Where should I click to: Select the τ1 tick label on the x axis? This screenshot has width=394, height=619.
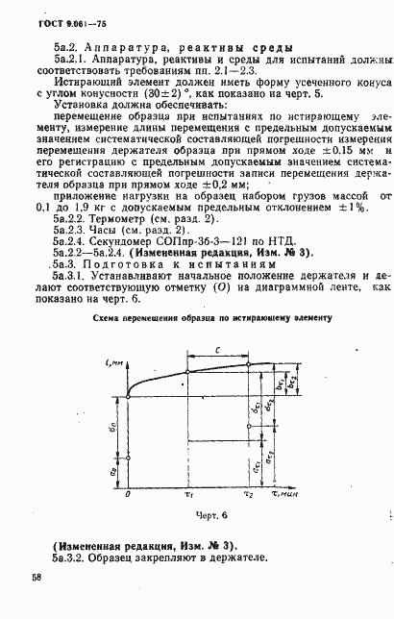pyautogui.click(x=189, y=495)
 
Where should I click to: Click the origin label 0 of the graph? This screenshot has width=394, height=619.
pyautogui.click(x=128, y=495)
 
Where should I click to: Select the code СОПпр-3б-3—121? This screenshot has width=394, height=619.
pyautogui.click(x=205, y=243)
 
